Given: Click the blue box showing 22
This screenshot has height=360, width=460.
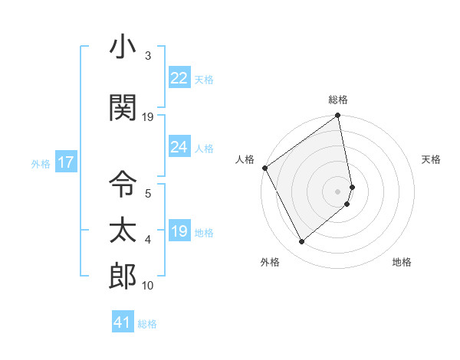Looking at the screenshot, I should point(179,78).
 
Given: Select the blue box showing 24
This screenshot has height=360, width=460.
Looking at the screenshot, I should point(179,147).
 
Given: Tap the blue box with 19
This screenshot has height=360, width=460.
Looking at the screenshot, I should point(179,232).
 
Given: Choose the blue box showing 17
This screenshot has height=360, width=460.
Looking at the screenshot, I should point(65,162).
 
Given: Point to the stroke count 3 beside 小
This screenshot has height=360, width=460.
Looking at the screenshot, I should point(147,56).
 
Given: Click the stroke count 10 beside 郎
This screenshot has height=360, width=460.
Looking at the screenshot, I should point(147,286).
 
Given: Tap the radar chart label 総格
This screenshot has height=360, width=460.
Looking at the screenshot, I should point(338,100).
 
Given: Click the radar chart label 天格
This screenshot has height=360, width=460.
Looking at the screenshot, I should point(432,159).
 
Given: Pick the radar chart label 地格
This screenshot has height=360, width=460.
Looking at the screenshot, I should point(402,263).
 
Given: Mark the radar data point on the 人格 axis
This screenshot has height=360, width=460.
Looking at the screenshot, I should point(264,168).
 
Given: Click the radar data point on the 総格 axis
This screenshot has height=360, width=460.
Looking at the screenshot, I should point(338,117).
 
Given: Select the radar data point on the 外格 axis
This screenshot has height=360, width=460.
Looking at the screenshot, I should point(301,242).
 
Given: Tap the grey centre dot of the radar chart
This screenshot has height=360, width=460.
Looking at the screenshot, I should point(338,191).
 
